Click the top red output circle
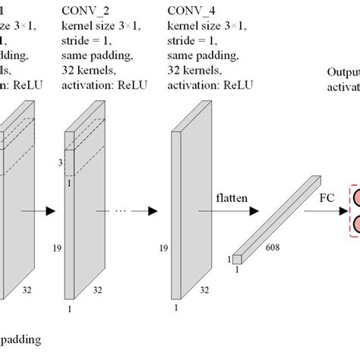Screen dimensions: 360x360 coord(355,200)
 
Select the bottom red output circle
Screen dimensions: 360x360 coord(355,223)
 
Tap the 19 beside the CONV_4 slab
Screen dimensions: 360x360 coord(163,248)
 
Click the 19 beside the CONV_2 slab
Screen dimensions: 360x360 coord(58,248)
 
